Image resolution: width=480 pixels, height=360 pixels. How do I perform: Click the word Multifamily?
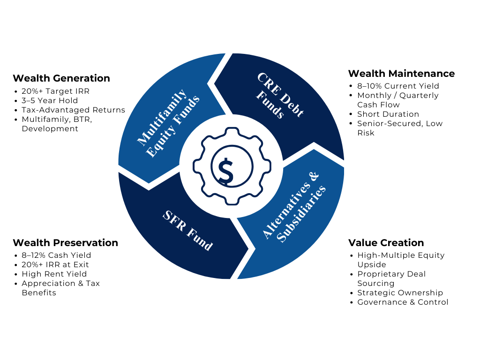click(x=162, y=117)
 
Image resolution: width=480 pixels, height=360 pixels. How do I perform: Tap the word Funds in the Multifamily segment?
click(x=186, y=111)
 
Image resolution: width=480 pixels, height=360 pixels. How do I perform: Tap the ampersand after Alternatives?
click(x=314, y=177)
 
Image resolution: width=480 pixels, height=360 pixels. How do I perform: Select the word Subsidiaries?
click(x=301, y=214)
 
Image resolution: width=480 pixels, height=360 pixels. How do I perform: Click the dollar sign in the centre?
click(x=226, y=171)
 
